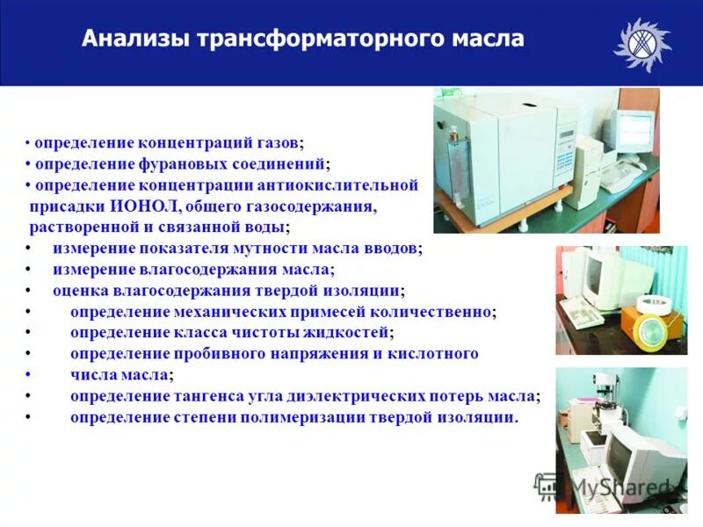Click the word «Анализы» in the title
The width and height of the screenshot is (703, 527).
pyautogui.click(x=135, y=40)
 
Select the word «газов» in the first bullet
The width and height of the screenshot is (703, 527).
pyautogui.click(x=275, y=142)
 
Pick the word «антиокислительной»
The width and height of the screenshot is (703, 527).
pyautogui.click(x=336, y=185)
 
